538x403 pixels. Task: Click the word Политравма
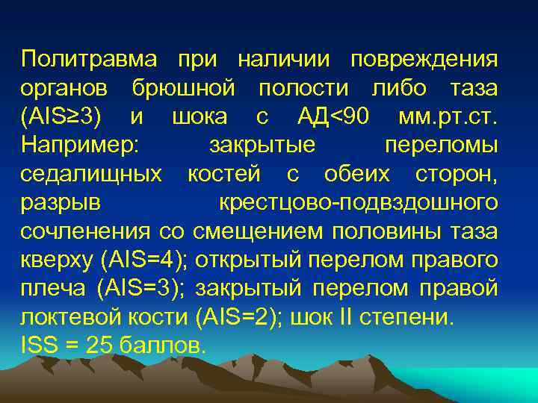pos(90,59)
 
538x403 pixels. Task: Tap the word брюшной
pos(185,88)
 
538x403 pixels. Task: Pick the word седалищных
pos(91,174)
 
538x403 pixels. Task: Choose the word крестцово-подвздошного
pos(358,203)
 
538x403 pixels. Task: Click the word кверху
pos(58,260)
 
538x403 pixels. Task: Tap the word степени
pos(414,318)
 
